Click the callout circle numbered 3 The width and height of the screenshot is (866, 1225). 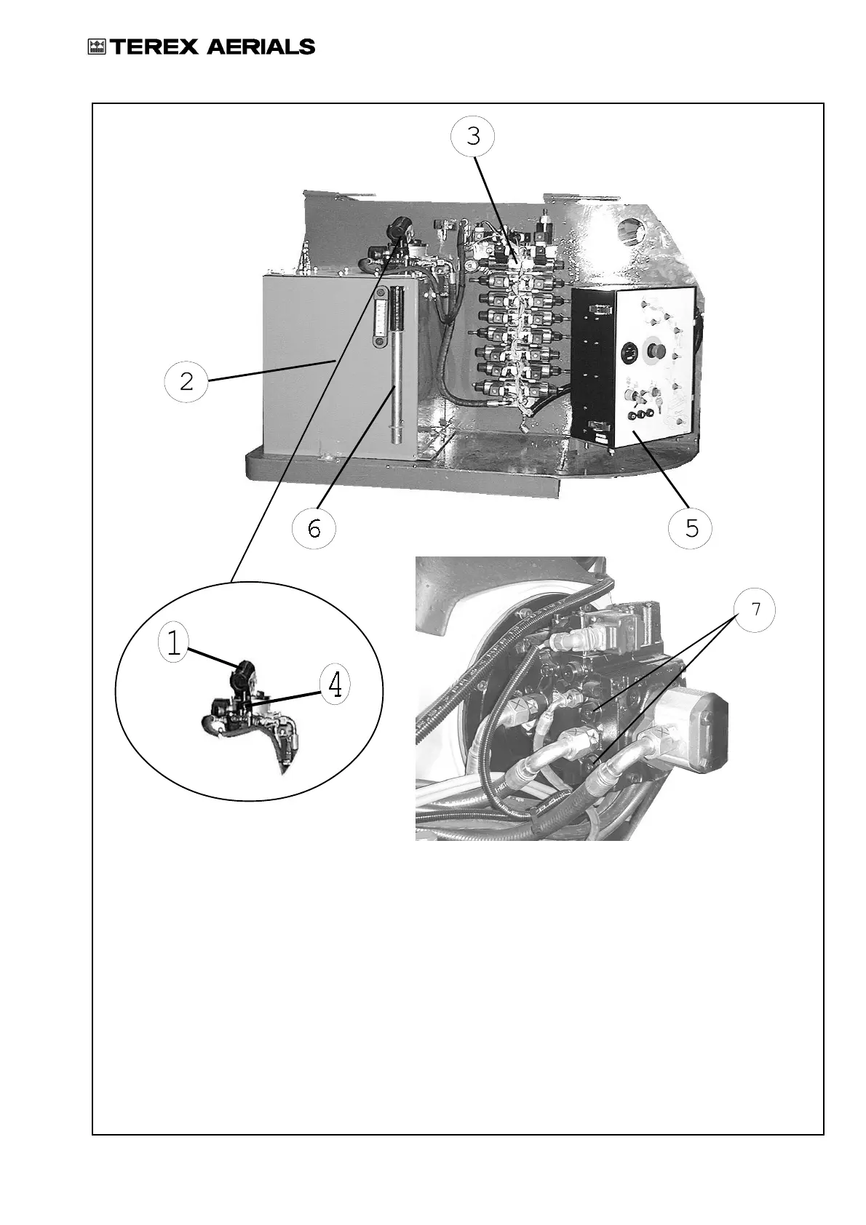click(473, 136)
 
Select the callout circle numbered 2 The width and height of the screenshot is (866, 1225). click(186, 381)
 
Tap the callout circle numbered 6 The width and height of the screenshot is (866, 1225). click(314, 529)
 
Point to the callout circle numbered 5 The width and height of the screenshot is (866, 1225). click(691, 527)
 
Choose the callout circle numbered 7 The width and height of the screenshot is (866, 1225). click(755, 610)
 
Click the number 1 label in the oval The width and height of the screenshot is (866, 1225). click(173, 643)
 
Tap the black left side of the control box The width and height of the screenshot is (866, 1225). click(594, 367)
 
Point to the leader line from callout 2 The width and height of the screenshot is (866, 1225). click(269, 369)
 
